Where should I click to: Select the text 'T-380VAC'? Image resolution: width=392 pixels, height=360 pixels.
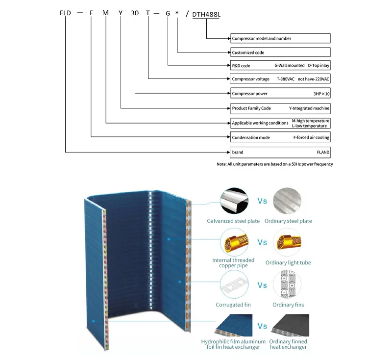tap(287, 79)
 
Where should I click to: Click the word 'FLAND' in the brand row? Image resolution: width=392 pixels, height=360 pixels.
tap(323, 152)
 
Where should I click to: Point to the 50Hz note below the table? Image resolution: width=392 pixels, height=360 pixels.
tap(274, 164)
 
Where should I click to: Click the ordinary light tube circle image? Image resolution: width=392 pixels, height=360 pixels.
tap(288, 242)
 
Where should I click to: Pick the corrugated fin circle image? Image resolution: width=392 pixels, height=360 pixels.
tap(233, 284)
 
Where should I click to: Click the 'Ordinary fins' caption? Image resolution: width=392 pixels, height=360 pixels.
tap(288, 305)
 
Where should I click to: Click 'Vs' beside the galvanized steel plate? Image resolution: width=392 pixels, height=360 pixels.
tap(262, 201)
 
